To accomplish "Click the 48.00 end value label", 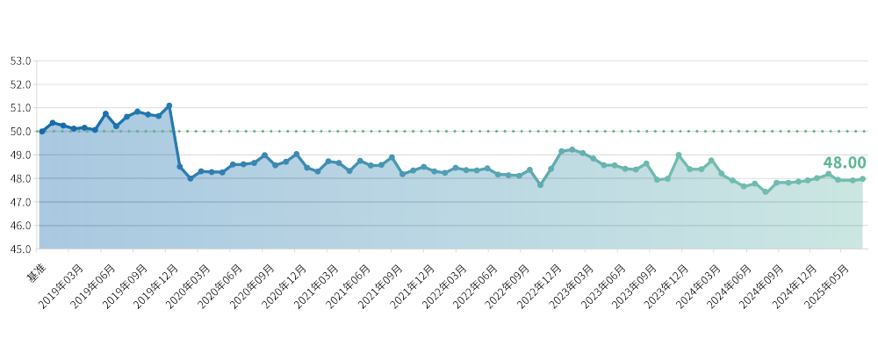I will click(844, 163).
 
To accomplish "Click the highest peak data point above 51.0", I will click(169, 105).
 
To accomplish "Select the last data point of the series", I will click(863, 178).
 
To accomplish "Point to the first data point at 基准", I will click(41, 131).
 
